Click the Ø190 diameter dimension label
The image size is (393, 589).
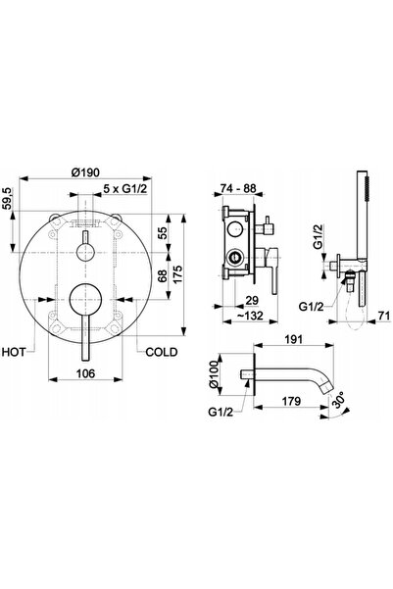(x=85, y=172)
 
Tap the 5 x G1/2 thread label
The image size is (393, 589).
(x=124, y=189)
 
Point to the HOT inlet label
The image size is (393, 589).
(x=14, y=352)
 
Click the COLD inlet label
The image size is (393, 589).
(x=162, y=352)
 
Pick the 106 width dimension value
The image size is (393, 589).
(x=85, y=373)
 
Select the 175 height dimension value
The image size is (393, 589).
(x=177, y=274)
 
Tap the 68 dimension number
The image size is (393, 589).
(x=163, y=276)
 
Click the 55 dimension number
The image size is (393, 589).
(x=163, y=233)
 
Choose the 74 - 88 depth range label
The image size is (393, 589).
(x=238, y=188)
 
